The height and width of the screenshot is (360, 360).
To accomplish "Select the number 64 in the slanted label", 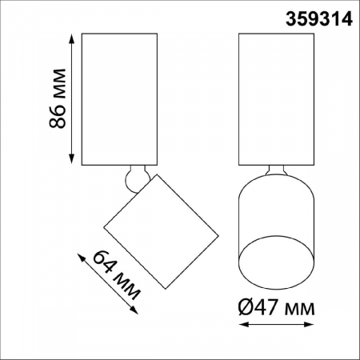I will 103,263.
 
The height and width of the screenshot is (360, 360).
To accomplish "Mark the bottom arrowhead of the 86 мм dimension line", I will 74,162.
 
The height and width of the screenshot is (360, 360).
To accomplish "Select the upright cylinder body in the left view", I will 120,99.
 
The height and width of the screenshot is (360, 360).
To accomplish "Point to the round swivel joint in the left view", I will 135,178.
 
